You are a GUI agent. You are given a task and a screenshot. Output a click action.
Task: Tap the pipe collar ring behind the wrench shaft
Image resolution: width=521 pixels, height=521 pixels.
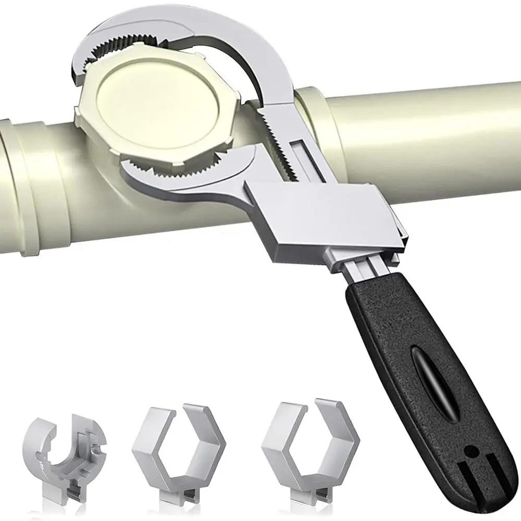[x=323, y=120]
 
